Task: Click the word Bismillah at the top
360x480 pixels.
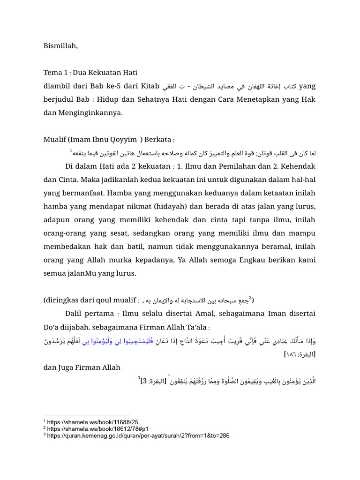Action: (60, 46)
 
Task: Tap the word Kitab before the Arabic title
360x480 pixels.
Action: (147, 86)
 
